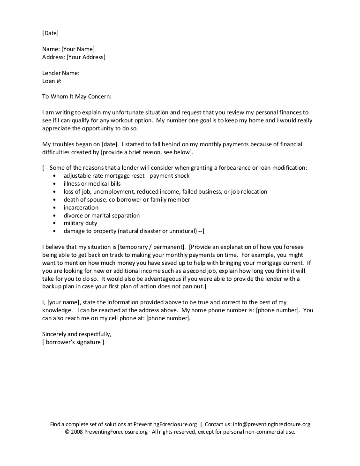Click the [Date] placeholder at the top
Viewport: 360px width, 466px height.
50,33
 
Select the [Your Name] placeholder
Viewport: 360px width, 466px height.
78,49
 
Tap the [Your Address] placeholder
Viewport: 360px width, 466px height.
86,57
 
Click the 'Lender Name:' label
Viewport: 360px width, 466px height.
60,73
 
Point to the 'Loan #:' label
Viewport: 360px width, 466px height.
52,81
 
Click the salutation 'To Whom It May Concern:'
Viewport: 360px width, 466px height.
77,97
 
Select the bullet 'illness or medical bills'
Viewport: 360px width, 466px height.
92,184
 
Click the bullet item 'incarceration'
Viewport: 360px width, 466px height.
81,207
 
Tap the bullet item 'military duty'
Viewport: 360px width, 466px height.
80,223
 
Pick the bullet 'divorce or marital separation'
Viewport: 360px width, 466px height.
102,215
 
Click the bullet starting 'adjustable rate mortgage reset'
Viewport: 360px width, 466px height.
127,176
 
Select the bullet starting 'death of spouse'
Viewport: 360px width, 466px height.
127,199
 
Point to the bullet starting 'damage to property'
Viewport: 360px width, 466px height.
134,231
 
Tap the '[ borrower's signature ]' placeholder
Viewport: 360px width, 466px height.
73,342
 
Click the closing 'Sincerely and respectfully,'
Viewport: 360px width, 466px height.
77,334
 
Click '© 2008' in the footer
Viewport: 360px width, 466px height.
74,432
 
